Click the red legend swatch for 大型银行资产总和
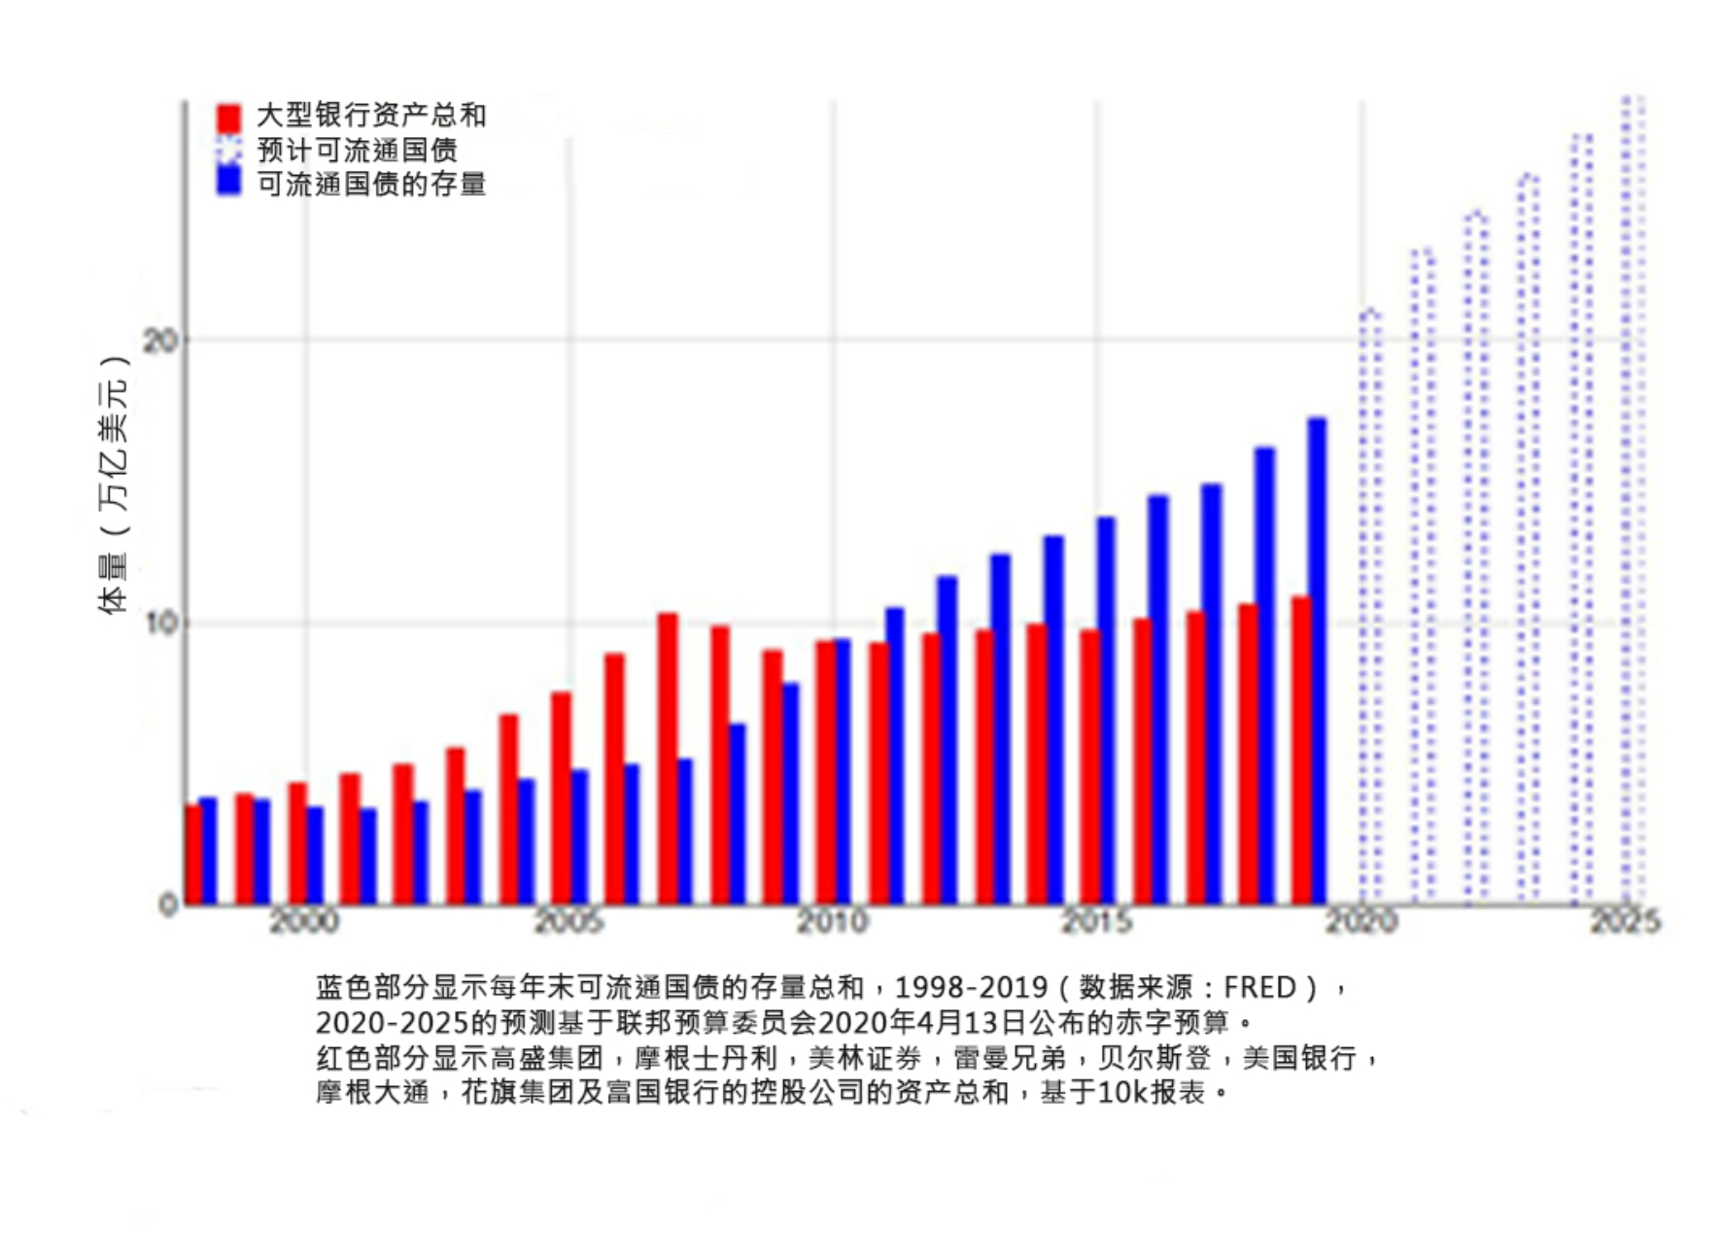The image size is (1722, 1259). [228, 118]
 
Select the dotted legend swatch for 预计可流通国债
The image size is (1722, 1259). [228, 151]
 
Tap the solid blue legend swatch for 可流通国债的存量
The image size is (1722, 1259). [228, 182]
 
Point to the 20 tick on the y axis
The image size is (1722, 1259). [161, 340]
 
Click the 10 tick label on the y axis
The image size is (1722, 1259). [161, 623]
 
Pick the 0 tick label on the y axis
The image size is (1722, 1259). [168, 905]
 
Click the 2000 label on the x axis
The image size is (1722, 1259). [304, 921]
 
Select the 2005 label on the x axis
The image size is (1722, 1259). [568, 921]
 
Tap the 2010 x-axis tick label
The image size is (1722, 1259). [833, 921]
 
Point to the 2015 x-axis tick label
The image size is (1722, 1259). [1097, 921]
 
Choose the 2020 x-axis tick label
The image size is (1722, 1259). [1361, 921]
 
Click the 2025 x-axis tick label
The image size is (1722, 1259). [1626, 921]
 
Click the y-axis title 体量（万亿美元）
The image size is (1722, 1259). [114, 486]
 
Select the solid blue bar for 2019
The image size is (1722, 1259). [1317, 661]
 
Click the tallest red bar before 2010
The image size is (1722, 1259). [668, 758]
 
